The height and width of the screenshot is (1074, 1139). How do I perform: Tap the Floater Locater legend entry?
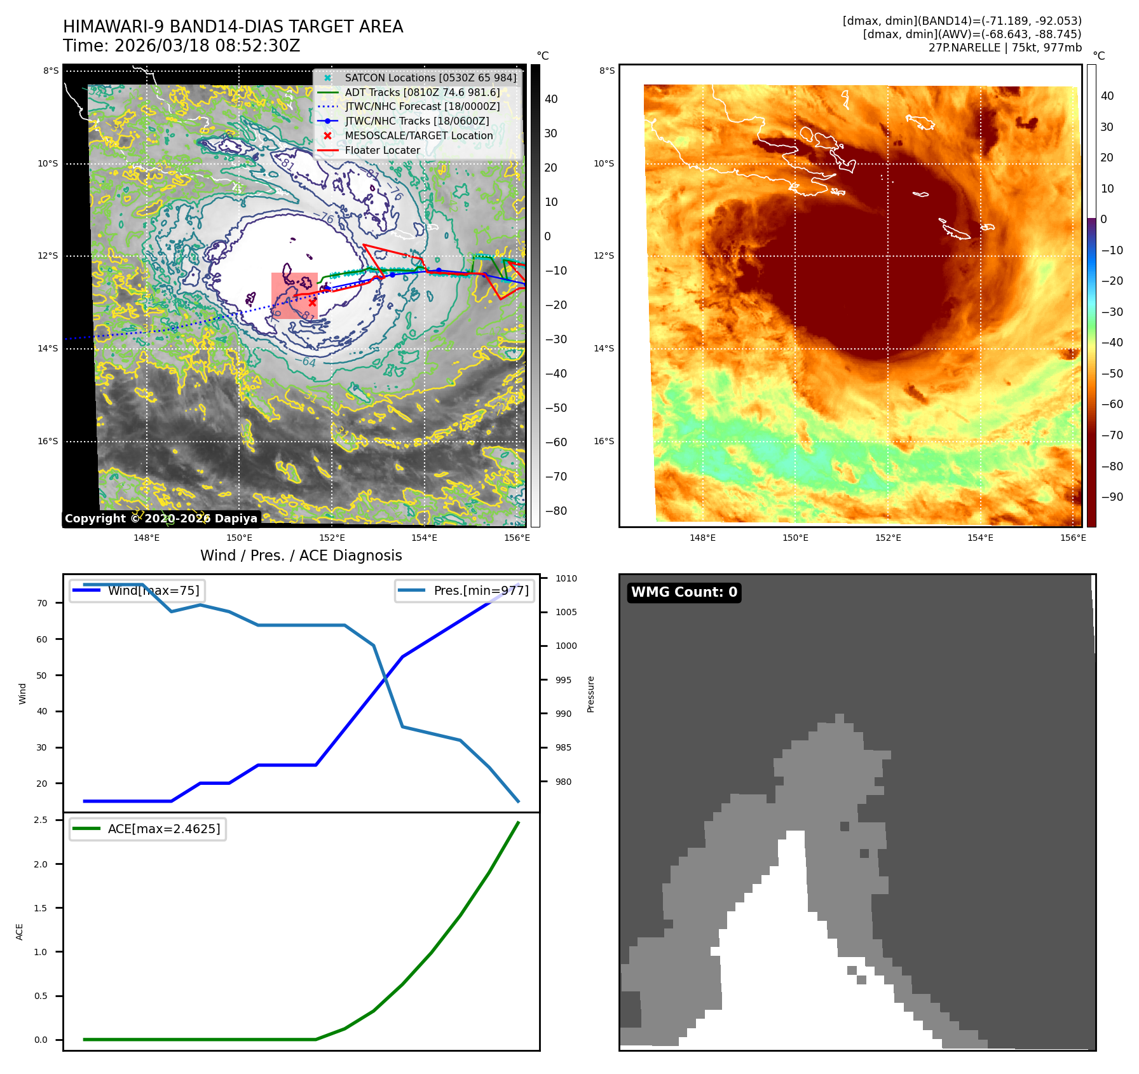click(382, 150)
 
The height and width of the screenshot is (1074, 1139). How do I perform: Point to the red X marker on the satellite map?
click(312, 303)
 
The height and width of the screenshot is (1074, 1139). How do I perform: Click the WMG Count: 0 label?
click(684, 592)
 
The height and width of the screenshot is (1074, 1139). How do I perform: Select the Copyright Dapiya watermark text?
click(161, 519)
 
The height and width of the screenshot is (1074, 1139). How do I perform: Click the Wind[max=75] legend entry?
click(153, 590)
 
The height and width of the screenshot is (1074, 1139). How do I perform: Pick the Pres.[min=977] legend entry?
click(481, 590)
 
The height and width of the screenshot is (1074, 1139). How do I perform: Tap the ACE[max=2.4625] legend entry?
click(163, 829)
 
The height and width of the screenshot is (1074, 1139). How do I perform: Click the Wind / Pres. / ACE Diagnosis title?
click(301, 555)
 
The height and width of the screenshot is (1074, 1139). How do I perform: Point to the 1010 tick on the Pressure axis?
click(566, 578)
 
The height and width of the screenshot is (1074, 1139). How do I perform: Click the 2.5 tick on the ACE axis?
click(41, 820)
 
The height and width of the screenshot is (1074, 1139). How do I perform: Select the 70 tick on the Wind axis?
click(42, 603)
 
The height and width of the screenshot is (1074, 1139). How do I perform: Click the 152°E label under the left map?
click(332, 538)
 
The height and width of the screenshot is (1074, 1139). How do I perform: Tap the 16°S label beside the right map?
click(604, 441)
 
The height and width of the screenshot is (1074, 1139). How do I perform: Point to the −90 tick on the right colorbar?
click(1112, 497)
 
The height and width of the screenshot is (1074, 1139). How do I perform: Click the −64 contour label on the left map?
click(308, 362)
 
